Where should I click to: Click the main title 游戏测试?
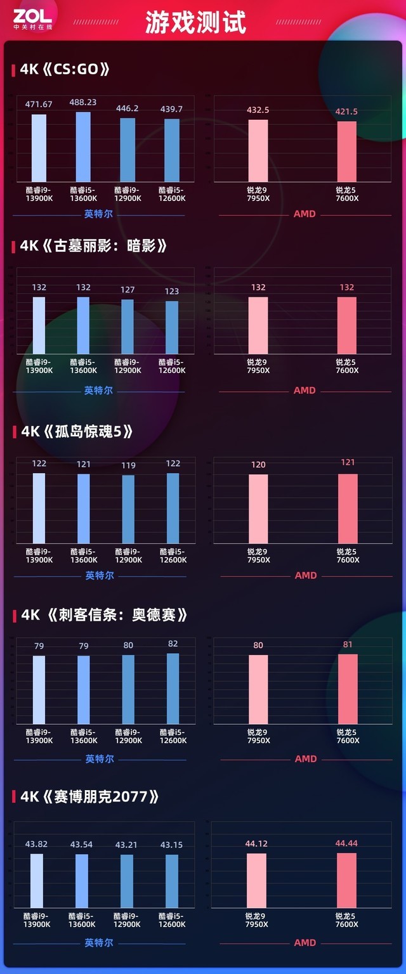coord(195,23)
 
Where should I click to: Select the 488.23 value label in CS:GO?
coord(83,102)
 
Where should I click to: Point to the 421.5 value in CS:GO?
coord(346,112)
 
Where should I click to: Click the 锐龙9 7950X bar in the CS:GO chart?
coord(258,151)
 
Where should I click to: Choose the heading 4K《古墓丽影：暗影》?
coord(93,245)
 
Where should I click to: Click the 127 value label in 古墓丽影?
coord(128,290)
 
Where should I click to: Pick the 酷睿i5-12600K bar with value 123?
coord(172,327)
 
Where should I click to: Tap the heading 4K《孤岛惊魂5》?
coord(77,431)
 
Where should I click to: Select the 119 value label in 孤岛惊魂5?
coord(128,465)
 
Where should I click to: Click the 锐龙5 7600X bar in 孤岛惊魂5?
coord(348,509)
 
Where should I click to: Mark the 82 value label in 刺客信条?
coord(173,644)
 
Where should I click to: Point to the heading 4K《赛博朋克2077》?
coord(89,796)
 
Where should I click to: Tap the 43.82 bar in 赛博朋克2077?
coord(37,881)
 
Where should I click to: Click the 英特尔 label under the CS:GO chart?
coord(98,214)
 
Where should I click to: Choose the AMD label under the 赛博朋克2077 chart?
coord(305,943)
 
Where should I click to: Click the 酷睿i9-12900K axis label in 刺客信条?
coord(128,736)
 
